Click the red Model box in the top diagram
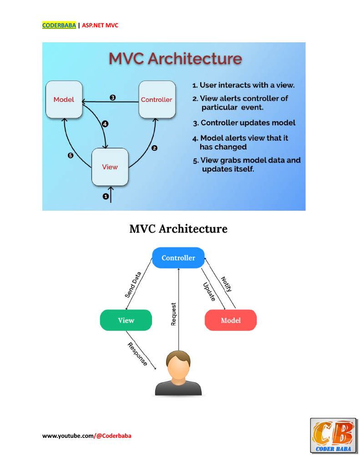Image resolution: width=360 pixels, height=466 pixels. click(x=64, y=100)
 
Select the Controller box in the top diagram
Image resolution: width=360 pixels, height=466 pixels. click(x=157, y=100)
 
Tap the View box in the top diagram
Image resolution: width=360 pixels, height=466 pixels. click(x=110, y=167)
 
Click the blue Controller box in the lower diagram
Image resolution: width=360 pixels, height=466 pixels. click(x=178, y=258)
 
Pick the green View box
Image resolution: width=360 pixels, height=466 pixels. click(x=126, y=320)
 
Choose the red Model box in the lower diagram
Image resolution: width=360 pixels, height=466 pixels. click(x=231, y=320)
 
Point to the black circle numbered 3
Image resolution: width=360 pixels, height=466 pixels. click(x=112, y=97)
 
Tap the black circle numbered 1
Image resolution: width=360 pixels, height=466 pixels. click(x=106, y=197)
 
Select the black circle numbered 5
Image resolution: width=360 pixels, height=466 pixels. click(x=70, y=156)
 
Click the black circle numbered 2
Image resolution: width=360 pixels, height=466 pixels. click(x=154, y=148)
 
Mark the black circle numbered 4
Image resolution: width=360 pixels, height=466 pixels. click(x=105, y=124)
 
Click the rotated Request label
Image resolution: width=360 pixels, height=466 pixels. click(x=173, y=314)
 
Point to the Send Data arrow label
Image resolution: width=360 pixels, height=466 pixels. click(x=133, y=285)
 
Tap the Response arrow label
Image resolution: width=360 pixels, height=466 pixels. click(x=137, y=354)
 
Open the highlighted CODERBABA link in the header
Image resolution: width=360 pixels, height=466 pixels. click(x=59, y=25)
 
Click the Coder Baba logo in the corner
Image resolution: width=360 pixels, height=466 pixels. click(x=333, y=436)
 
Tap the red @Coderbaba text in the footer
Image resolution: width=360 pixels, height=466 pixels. click(x=114, y=436)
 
